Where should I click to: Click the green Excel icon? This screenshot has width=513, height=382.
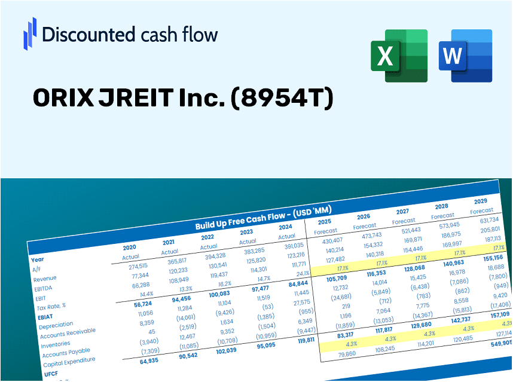[x=399, y=56]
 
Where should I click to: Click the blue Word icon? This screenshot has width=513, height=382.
[x=465, y=56]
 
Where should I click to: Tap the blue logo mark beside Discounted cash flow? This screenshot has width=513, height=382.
[x=30, y=33]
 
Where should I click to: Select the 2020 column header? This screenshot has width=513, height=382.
[x=129, y=247]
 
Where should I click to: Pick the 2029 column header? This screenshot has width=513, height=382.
[x=480, y=201]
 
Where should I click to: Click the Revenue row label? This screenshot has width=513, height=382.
[x=45, y=279]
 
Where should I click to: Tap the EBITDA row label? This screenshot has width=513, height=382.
[x=43, y=288]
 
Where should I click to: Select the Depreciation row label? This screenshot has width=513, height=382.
[x=57, y=326]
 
